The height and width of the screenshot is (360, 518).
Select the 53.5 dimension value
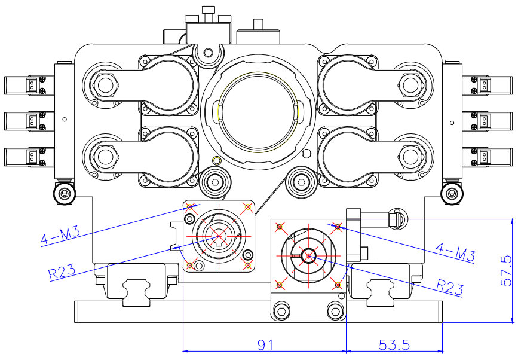(394, 345)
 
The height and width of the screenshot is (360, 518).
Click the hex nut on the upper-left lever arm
(106, 86)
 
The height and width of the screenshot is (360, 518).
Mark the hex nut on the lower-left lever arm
(106, 157)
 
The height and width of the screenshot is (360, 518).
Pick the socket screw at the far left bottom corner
(64, 193)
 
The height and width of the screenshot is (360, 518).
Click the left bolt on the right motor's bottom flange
(282, 310)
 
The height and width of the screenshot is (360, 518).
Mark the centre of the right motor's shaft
(308, 255)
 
